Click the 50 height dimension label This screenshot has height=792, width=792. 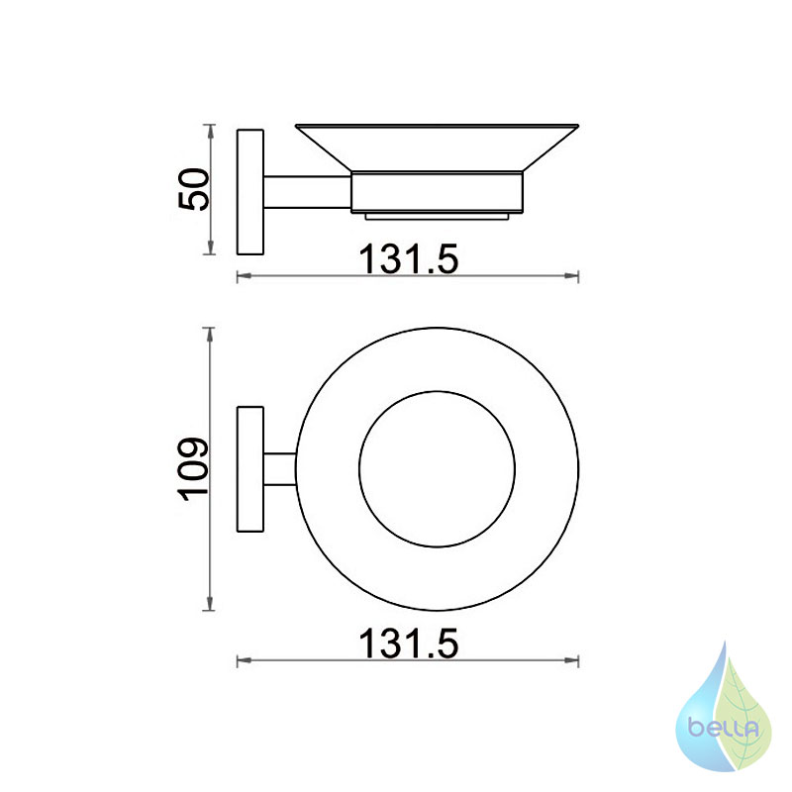(x=193, y=189)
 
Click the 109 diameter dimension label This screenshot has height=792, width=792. (x=193, y=469)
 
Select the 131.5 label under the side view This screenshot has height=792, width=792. (x=408, y=259)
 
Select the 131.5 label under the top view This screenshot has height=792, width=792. (x=408, y=643)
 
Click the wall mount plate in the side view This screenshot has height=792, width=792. (x=250, y=192)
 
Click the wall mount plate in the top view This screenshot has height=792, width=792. (x=250, y=469)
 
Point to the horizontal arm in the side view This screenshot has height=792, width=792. (x=307, y=192)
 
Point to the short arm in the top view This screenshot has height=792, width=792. (x=280, y=469)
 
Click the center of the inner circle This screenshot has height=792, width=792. (x=437, y=469)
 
